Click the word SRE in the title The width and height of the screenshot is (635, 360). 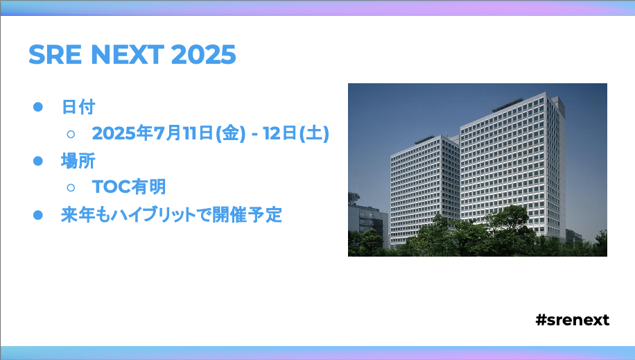55,54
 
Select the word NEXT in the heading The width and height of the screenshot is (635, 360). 127,54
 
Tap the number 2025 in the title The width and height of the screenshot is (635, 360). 203,54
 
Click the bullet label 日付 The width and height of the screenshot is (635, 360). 78,107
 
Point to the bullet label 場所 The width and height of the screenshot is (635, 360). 78,161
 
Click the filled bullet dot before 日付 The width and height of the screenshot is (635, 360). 38,107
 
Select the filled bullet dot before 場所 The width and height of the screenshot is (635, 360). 38,161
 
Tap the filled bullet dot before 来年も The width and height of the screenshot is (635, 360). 38,215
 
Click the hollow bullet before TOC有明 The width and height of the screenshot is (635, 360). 71,187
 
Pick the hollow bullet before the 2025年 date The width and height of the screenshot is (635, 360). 71,134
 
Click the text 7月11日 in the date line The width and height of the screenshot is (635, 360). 184,133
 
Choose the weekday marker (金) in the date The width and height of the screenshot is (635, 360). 231,133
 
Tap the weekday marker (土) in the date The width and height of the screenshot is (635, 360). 314,133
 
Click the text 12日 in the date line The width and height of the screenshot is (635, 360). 280,133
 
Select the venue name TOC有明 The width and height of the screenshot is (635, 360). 129,187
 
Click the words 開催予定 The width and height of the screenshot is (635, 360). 247,215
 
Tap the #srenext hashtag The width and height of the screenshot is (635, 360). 572,320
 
